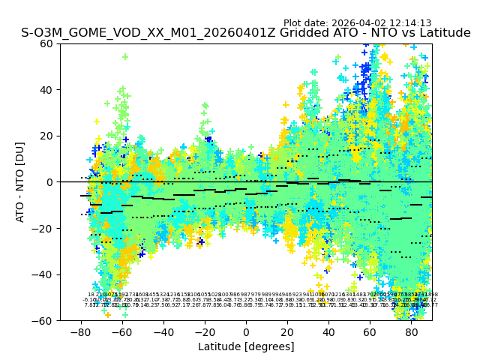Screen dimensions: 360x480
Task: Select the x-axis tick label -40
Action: [163, 331]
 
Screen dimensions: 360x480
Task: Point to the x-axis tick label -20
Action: [204, 331]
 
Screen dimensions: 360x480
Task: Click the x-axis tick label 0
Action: [246, 331]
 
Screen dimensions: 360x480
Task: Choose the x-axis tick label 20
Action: [287, 331]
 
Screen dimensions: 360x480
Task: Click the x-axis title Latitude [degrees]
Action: [246, 346]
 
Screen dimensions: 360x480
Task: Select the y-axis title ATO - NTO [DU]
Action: [21, 181]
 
